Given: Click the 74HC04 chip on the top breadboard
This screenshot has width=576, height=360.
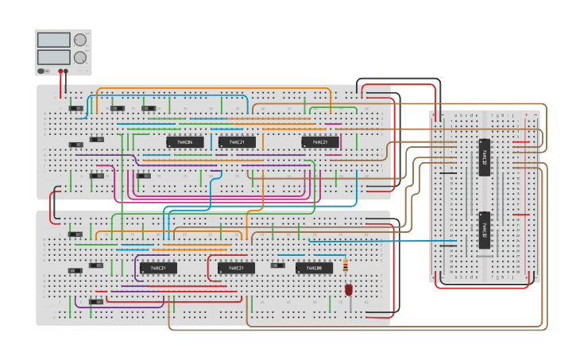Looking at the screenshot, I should [x=184, y=142].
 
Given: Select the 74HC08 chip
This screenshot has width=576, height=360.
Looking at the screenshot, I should [x=315, y=268].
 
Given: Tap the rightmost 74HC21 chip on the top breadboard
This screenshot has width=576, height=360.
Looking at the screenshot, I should [x=320, y=142].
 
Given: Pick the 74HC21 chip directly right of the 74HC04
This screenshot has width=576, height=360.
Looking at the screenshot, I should [x=237, y=142].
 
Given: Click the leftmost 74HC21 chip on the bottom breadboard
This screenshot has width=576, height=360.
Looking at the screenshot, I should [x=158, y=268].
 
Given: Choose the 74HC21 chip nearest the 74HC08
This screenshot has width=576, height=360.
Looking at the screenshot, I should [x=236, y=268].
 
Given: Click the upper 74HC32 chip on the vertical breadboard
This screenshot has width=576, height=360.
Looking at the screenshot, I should [x=485, y=157].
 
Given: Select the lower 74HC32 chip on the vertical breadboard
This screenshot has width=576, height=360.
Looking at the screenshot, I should [x=485, y=230].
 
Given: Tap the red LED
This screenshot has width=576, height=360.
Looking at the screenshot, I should [x=348, y=290].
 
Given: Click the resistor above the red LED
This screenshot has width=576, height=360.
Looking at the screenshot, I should [x=345, y=265].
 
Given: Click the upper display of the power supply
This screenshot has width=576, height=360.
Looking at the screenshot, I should [x=53, y=40].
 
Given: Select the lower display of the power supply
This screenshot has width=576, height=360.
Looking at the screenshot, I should [x=53, y=57].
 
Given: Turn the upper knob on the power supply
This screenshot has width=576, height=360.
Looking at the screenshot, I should [x=80, y=40].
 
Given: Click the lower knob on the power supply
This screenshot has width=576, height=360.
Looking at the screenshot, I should [x=80, y=57].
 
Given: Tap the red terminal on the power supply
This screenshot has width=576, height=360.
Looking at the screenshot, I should [x=60, y=71].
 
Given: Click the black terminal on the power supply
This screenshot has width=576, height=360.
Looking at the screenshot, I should [x=66, y=71].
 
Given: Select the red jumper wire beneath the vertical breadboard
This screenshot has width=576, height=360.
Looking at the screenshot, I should [x=485, y=287].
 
